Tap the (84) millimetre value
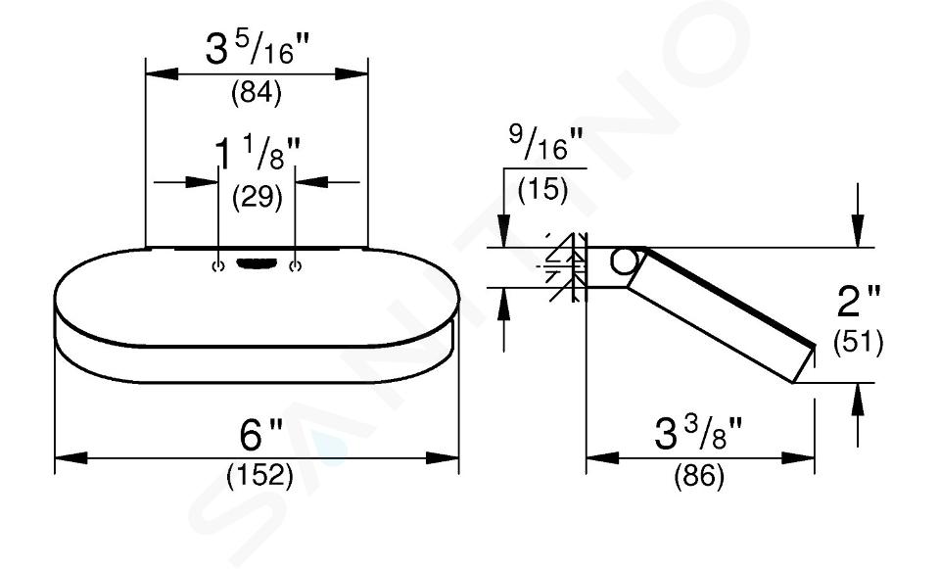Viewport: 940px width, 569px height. pyautogui.click(x=257, y=93)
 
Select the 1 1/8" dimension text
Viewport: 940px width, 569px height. pyautogui.click(x=258, y=155)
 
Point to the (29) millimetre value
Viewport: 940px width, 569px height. pyautogui.click(x=258, y=197)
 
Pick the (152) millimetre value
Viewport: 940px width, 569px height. pyautogui.click(x=260, y=476)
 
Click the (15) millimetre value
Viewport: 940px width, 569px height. pyautogui.click(x=542, y=190)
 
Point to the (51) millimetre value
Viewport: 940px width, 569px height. pyautogui.click(x=859, y=343)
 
